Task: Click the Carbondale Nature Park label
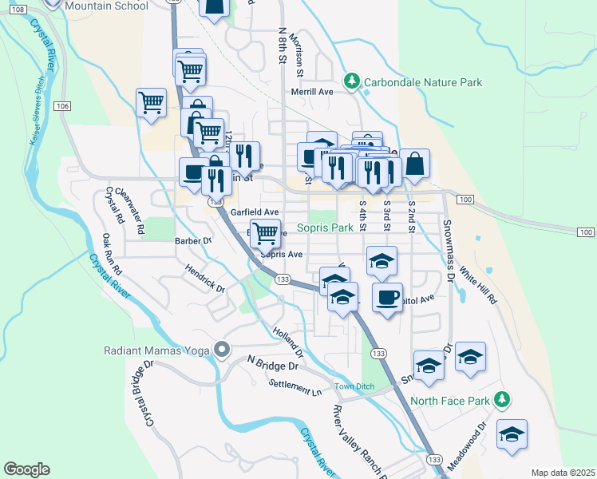[423, 82]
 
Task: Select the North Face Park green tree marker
[501, 398]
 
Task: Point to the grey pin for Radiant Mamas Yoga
[221, 350]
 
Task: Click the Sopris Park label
[325, 228]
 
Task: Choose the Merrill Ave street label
[311, 92]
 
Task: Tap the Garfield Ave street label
[254, 212]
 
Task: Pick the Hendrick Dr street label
[205, 279]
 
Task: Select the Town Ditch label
[354, 387]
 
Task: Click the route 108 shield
[20, 8]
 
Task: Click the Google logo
[26, 469]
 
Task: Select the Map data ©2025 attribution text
[563, 473]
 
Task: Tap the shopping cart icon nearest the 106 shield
[151, 102]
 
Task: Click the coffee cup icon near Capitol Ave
[387, 297]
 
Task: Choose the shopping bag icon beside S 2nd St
[415, 164]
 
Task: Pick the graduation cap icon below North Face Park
[511, 434]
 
